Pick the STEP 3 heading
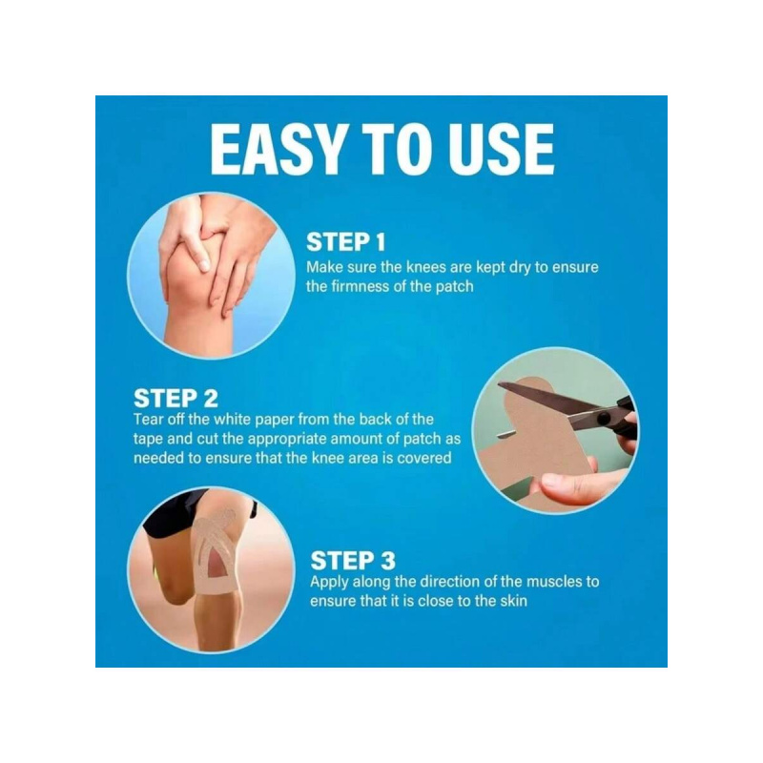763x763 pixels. pyautogui.click(x=353, y=559)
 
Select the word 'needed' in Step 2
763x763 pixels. pyautogui.click(x=156, y=458)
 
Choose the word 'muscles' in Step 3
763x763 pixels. pyautogui.click(x=552, y=581)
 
